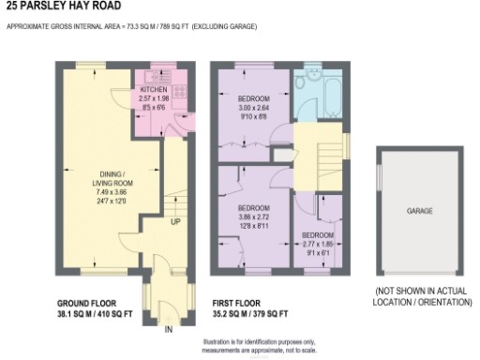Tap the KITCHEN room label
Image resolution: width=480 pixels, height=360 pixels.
coord(153,90)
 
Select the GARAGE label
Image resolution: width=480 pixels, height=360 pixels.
coord(419,212)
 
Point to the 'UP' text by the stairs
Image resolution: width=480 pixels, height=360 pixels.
coord(175,222)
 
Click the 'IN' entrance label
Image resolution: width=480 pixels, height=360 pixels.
coord(169,330)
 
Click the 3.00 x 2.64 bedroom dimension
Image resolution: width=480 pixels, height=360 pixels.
coord(253,108)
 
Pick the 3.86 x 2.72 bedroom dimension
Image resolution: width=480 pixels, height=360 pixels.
coord(253,216)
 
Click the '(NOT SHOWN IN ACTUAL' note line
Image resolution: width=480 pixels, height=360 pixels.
coord(419,292)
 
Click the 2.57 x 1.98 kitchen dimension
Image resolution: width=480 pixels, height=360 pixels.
coord(153,98)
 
